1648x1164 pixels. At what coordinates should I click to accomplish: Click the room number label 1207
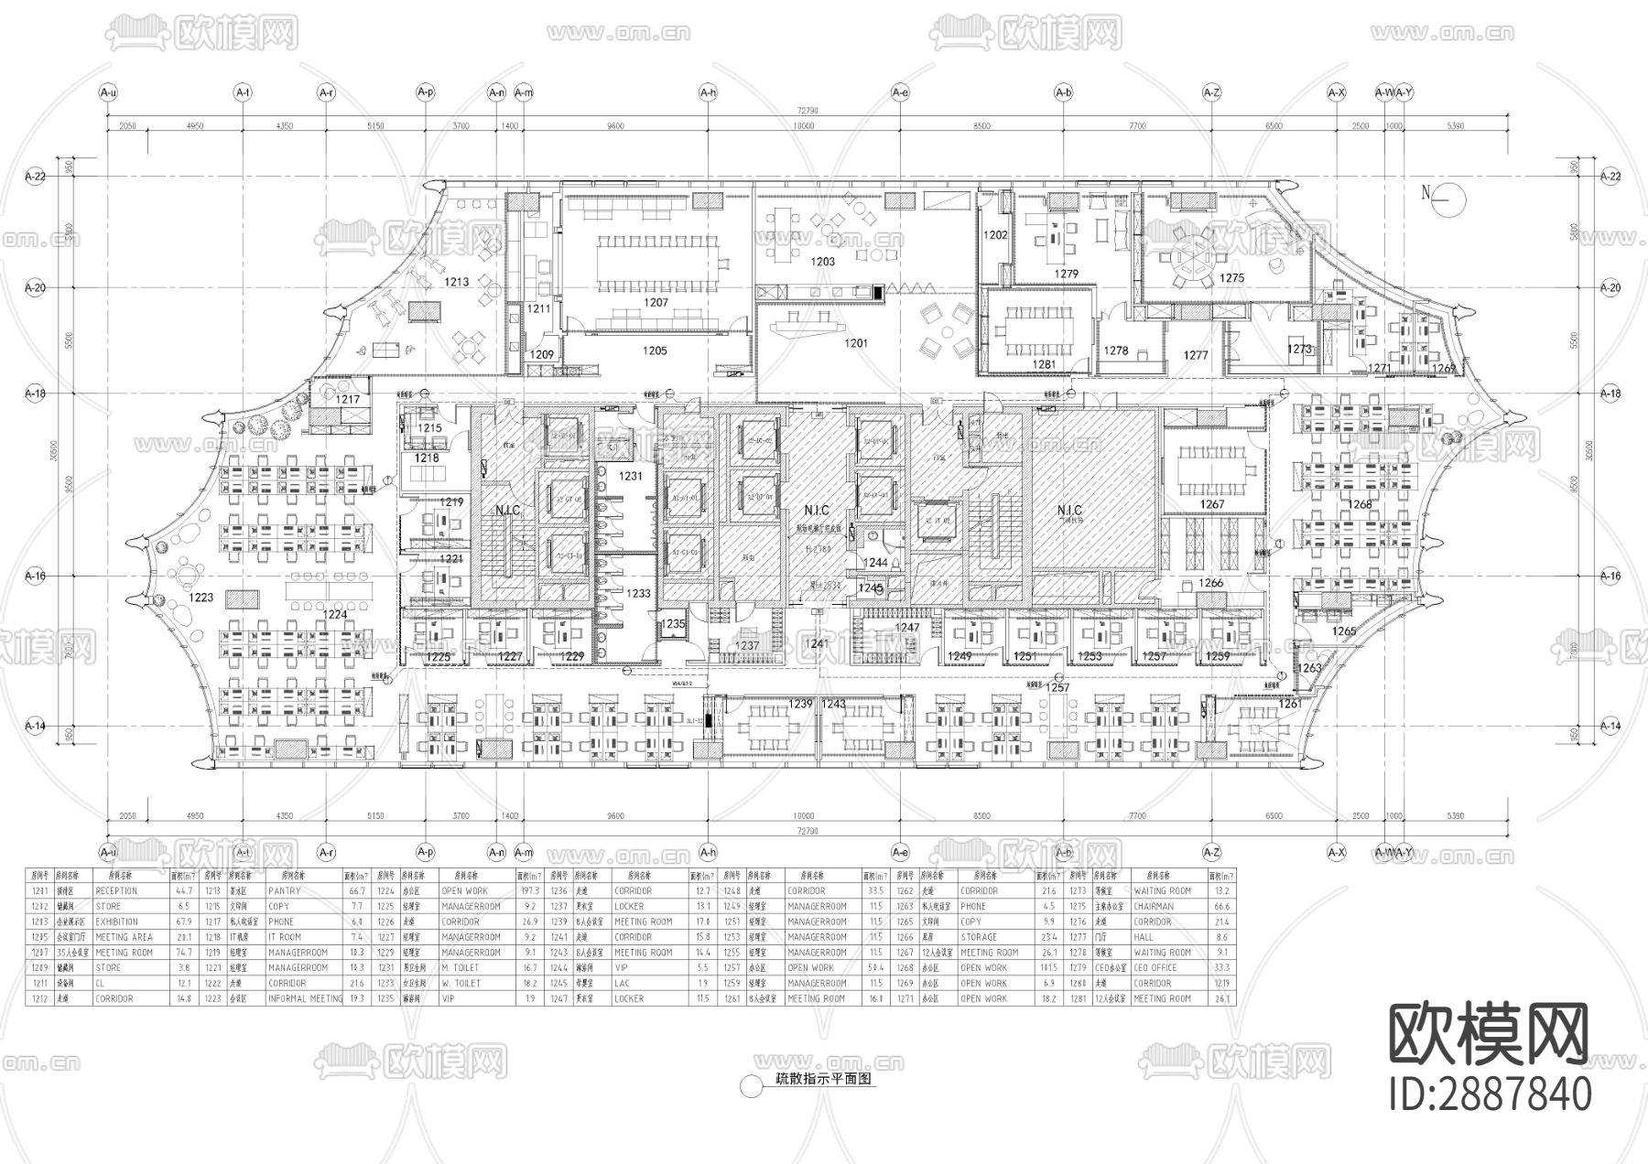tap(656, 302)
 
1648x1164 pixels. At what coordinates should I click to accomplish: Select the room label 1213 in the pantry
tap(457, 282)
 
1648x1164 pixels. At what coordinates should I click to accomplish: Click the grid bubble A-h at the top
tap(708, 92)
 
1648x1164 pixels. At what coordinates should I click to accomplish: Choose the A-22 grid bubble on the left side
tap(35, 175)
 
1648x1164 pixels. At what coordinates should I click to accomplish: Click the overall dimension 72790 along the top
tap(806, 111)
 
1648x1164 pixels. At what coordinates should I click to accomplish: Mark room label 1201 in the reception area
tap(855, 343)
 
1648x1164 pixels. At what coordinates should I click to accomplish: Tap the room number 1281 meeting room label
tap(1044, 364)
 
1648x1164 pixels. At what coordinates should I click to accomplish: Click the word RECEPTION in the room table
tap(116, 890)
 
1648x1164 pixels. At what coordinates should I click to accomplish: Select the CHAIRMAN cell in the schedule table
tap(1153, 906)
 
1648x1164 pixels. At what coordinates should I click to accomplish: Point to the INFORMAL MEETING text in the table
tap(306, 998)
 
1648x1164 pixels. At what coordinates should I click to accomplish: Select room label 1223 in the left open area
tap(201, 598)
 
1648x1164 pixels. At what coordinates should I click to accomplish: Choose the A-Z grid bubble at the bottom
tap(1211, 851)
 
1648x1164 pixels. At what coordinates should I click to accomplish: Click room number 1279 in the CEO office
tap(1066, 274)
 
